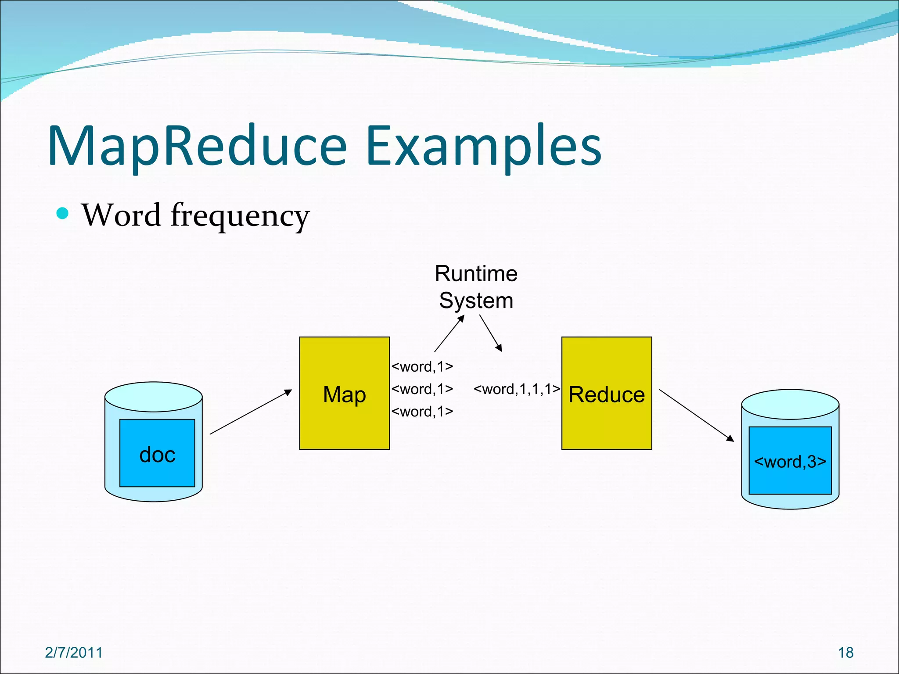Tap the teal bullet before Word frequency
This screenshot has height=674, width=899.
63,213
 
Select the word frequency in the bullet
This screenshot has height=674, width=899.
240,216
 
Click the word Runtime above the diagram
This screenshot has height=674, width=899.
476,274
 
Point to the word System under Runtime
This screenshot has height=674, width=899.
476,301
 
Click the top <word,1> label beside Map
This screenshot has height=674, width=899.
422,366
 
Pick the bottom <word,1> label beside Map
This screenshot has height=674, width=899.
422,412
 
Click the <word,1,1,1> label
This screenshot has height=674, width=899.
517,389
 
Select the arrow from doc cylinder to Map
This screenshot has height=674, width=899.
251,412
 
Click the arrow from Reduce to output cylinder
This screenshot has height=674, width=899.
696,415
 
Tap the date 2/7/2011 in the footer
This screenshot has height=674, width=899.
74,652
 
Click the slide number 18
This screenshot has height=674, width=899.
845,652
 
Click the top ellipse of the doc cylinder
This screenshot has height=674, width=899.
154,396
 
